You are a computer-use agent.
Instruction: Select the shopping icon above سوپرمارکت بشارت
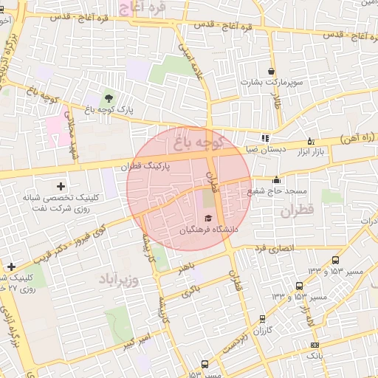pyautogui.click(x=271, y=72)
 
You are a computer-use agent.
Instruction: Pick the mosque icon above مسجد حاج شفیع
pyautogui.click(x=277, y=179)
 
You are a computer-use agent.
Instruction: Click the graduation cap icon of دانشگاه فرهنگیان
pyautogui.click(x=208, y=218)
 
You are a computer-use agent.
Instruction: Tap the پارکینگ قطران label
pyautogui.click(x=148, y=167)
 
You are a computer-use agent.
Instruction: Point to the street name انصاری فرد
pyautogui.click(x=271, y=249)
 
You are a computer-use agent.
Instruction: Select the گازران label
pyautogui.click(x=264, y=331)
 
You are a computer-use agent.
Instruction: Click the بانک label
pyautogui.click(x=315, y=357)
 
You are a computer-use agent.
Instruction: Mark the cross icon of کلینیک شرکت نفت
pyautogui.click(x=61, y=187)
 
